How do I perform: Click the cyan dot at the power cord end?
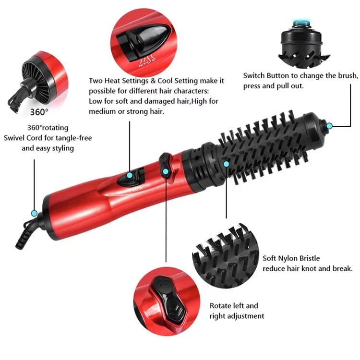[x=34, y=213]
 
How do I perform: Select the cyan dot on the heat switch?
[x=129, y=176]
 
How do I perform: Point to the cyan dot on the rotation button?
[x=166, y=171]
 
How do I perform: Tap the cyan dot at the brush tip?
[x=329, y=126]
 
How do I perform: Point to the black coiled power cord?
[x=26, y=235]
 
